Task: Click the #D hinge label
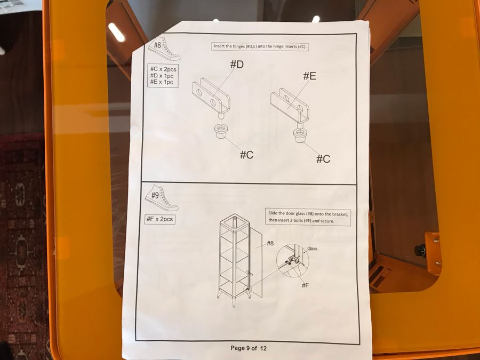click(237, 65)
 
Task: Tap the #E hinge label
click(309, 76)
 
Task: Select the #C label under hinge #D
click(246, 155)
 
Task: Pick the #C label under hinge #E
click(323, 159)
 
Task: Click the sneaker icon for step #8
click(164, 49)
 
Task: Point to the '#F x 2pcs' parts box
click(160, 219)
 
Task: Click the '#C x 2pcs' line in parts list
click(163, 69)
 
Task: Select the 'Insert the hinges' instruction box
click(260, 46)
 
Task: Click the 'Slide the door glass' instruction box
click(308, 217)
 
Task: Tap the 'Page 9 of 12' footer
click(249, 348)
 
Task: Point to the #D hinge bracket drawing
click(211, 98)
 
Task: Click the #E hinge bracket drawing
click(291, 106)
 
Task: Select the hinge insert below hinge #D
click(220, 131)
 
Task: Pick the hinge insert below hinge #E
click(300, 136)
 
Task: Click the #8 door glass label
click(270, 243)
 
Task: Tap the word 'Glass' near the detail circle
click(312, 249)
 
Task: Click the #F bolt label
click(305, 285)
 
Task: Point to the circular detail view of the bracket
click(292, 260)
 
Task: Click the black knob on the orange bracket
click(420, 250)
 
